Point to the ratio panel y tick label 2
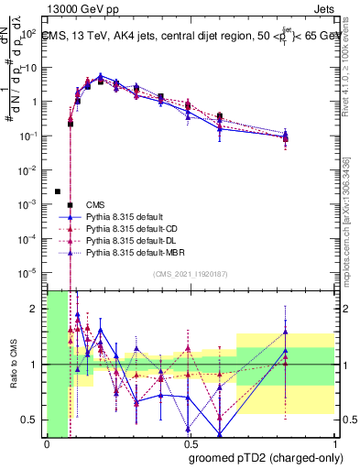[35, 309]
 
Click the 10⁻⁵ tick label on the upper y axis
[28, 272]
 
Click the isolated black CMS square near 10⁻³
[58, 191]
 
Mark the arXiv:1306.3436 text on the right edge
[351, 205]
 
